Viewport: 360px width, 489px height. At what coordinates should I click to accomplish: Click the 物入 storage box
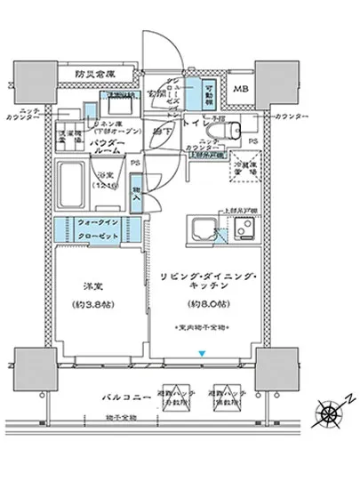135,195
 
